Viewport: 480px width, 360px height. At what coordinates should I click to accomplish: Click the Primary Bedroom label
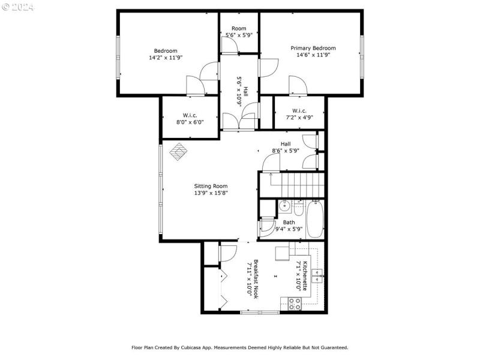313,48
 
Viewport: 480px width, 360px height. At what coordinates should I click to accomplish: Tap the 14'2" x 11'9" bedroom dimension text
166,58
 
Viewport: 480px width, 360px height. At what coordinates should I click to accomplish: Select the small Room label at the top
239,28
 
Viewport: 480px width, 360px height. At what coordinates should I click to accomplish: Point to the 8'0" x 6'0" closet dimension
190,122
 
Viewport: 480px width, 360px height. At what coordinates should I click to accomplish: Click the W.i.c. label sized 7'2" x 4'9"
299,110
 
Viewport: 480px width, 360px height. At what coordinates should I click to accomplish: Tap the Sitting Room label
210,186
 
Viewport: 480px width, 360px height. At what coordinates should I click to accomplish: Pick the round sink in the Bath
284,207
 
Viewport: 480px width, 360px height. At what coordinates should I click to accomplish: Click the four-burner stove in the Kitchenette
295,303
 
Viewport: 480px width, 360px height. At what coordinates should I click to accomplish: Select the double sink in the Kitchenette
316,277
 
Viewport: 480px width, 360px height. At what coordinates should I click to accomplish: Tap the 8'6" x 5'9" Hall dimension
286,151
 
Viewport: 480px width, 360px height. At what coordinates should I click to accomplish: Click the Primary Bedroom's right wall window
362,56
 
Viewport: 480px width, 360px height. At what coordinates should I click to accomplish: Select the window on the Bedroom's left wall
118,56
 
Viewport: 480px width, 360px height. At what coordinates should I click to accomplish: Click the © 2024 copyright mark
19,8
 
